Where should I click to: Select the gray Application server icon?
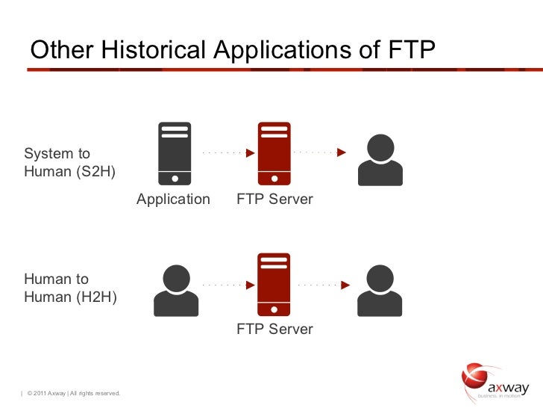(175, 153)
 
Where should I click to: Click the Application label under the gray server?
(173, 200)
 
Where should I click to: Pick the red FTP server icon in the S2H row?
(274, 153)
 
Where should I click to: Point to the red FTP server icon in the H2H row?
(274, 284)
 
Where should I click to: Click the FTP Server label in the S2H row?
(275, 200)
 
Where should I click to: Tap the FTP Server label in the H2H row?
(275, 329)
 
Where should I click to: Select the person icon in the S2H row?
(380, 160)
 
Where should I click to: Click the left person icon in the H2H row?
(176, 291)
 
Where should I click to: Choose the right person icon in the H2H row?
(380, 291)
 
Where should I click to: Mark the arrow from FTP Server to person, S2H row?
(321, 152)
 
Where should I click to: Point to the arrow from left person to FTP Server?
(227, 284)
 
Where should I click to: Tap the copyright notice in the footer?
(73, 394)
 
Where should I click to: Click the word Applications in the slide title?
(296, 50)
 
